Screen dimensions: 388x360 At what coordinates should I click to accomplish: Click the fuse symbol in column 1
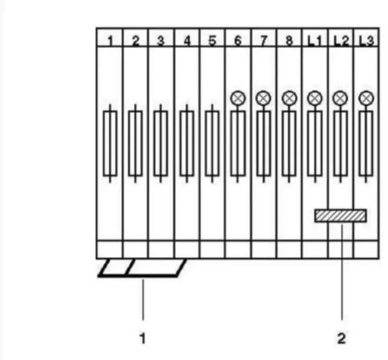point(110,143)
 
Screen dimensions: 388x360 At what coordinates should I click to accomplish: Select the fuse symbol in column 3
point(161,143)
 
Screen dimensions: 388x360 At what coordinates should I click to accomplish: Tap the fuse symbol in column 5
point(212,143)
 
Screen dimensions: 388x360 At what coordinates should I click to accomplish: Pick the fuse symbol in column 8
point(289,143)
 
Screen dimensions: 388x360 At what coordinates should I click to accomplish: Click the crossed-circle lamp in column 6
point(238,97)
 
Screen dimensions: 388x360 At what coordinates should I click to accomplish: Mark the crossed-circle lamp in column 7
point(263,97)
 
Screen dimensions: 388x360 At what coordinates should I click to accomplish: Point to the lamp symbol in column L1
point(314,97)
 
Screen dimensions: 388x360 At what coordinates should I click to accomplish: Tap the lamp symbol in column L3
point(365,97)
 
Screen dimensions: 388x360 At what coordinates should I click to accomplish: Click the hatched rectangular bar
point(341,216)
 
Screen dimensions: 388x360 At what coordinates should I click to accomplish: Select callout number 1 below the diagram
point(143,337)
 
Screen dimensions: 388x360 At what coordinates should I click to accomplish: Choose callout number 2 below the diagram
point(341,338)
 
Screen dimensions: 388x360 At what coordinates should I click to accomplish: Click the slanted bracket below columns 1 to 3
point(142,268)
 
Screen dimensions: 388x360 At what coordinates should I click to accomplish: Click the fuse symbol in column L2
point(340,143)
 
